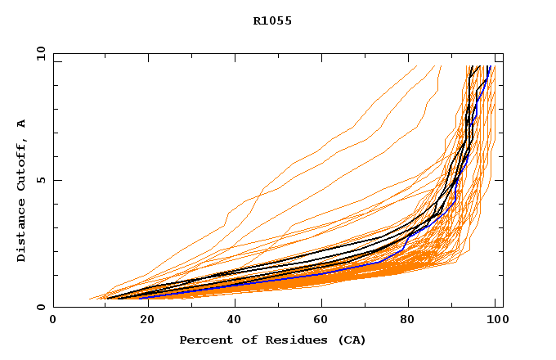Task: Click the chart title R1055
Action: click(x=272, y=21)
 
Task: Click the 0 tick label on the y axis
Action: click(x=40, y=307)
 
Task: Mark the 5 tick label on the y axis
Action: click(x=40, y=180)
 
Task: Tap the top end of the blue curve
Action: click(x=489, y=66)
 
